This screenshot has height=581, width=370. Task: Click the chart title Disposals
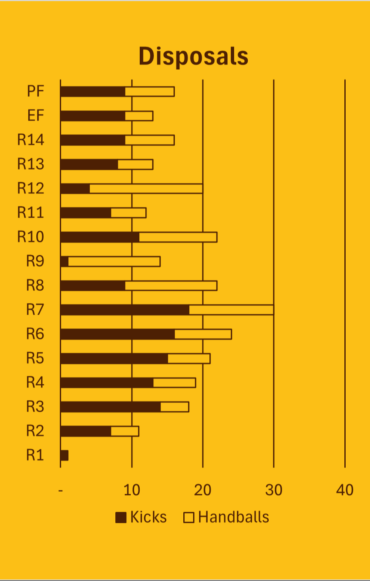pos(193,56)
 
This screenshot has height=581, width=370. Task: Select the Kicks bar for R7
pos(125,310)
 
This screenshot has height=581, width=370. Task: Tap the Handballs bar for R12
pos(146,189)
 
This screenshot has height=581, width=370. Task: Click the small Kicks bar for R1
pos(65,455)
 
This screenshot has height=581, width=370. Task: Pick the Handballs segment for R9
pos(114,261)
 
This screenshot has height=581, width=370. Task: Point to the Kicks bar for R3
pos(111,407)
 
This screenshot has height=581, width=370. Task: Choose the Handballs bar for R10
pos(178,237)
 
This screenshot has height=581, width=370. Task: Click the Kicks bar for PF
pos(93,91)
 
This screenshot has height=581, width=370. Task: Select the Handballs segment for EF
pos(139,116)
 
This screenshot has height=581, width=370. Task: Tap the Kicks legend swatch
pos(121,518)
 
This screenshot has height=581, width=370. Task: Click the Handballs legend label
pos(234,517)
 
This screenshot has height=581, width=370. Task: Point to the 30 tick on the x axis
pos(273,490)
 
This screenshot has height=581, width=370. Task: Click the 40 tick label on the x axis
pos(345,490)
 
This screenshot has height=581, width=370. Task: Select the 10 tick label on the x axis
pos(132,490)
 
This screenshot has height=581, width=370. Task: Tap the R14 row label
pos(31,140)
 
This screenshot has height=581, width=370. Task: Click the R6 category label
pos(35,333)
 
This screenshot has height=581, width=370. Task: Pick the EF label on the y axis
pos(35,115)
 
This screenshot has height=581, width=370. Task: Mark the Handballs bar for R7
pos(231,310)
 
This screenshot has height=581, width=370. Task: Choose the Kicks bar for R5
pos(114,358)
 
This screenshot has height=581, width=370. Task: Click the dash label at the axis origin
pos(61,490)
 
